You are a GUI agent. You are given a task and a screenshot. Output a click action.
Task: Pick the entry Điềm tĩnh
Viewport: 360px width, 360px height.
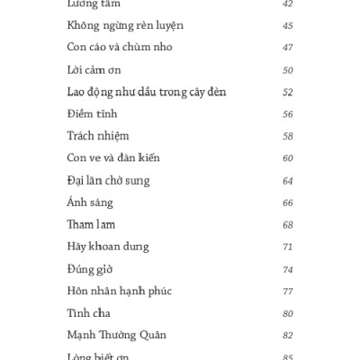[92, 113]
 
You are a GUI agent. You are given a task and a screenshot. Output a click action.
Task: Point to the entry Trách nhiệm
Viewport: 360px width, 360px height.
[98, 136]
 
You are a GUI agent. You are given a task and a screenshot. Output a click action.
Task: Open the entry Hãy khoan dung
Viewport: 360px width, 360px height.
[108, 246]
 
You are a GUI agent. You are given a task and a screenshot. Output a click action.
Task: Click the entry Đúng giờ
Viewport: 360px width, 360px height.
[90, 268]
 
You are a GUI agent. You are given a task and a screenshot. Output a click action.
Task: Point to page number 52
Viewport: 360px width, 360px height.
[288, 92]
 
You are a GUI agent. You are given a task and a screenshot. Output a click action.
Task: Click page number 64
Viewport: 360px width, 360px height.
[288, 180]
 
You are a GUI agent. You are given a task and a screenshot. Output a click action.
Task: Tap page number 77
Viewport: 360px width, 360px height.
[288, 290]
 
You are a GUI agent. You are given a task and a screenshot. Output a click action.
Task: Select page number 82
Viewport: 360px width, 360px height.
[288, 334]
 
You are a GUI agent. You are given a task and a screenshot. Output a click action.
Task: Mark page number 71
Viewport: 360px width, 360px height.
[288, 246]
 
